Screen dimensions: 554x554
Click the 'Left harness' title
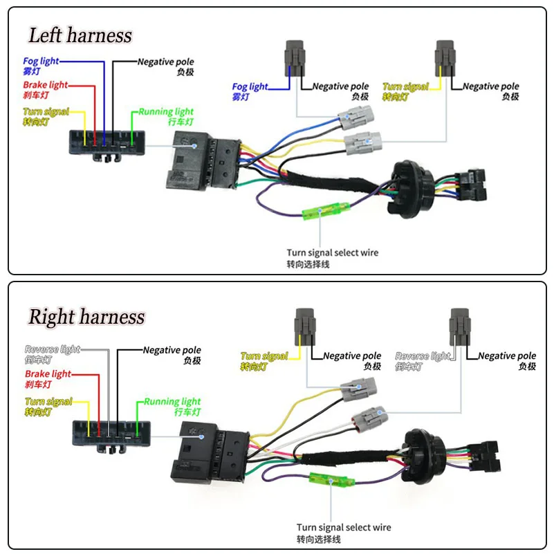80,35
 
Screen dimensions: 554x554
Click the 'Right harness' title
86,317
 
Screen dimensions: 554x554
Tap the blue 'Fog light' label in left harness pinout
41,62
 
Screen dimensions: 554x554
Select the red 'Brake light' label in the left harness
45,85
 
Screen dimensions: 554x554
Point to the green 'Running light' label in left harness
165,111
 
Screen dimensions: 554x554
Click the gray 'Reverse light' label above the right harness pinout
52,349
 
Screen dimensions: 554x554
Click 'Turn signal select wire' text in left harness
333,252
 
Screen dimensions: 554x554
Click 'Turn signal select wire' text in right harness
344,527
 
